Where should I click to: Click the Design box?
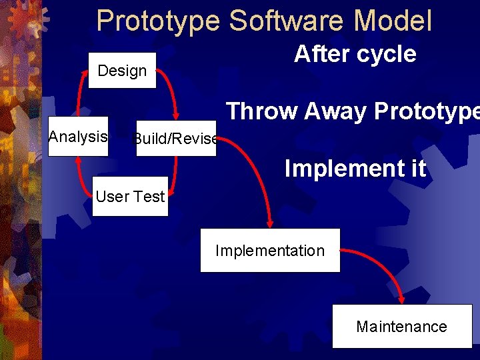[123, 71]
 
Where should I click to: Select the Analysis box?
[78, 137]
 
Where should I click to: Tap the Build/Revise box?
[176, 139]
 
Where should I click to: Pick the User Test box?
[130, 197]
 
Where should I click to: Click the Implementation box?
[270, 251]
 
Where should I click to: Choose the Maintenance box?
[401, 326]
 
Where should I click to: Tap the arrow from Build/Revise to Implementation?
[257, 173]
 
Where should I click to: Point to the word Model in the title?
[393, 21]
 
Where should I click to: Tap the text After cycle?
[355, 54]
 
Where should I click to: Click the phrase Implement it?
[355, 169]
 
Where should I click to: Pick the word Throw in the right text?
[263, 111]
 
